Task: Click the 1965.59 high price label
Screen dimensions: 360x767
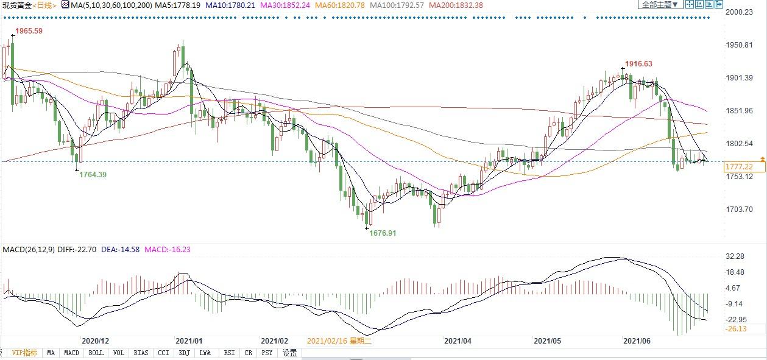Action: coord(29,31)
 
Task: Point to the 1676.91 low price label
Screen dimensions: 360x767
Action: coord(383,233)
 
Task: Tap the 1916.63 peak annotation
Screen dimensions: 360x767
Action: coord(638,64)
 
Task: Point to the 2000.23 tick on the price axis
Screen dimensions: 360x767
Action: coord(741,12)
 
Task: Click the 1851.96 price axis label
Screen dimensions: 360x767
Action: coord(741,111)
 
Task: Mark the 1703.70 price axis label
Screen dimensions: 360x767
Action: coord(741,210)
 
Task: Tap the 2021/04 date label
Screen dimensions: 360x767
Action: coord(458,342)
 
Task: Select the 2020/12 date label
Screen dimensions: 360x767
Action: coord(95,342)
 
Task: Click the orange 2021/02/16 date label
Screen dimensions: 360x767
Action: coord(339,342)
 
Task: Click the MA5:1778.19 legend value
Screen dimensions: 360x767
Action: coord(175,5)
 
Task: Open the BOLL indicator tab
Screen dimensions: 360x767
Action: coord(96,353)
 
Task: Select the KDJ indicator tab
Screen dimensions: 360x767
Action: coord(184,353)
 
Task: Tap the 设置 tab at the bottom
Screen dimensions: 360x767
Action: coord(290,353)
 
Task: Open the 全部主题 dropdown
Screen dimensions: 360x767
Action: coord(659,4)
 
